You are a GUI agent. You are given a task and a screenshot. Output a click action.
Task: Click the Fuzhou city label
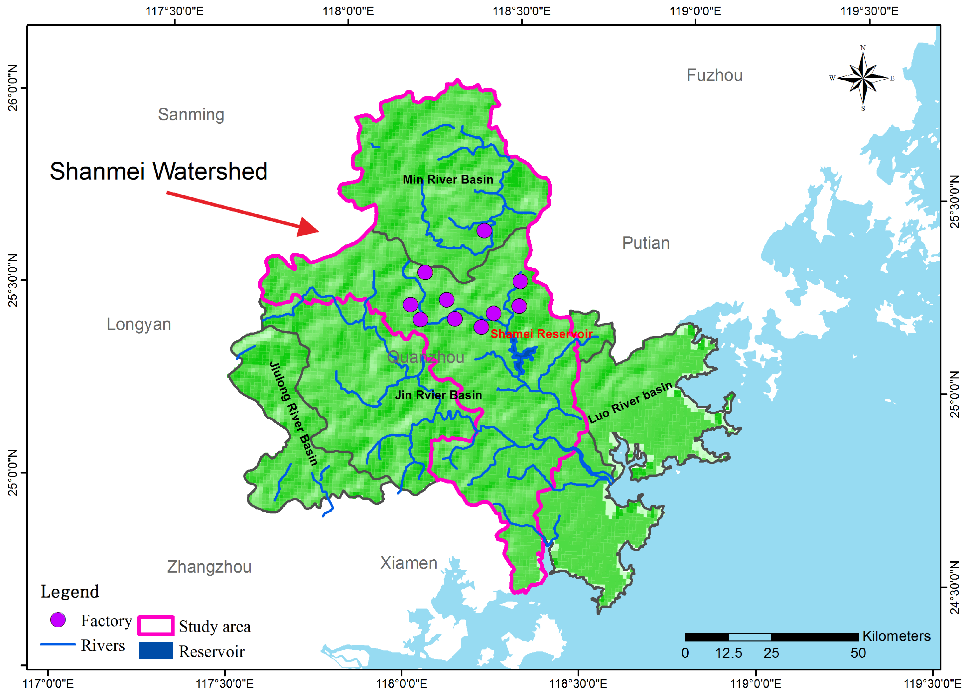pyautogui.click(x=714, y=75)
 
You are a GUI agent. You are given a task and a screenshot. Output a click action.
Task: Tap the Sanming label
pyautogui.click(x=191, y=115)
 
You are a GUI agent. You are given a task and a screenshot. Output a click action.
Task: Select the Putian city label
pyautogui.click(x=646, y=243)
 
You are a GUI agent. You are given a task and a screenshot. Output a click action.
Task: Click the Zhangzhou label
pyautogui.click(x=209, y=567)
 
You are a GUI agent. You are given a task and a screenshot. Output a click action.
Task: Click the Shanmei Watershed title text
pyautogui.click(x=158, y=171)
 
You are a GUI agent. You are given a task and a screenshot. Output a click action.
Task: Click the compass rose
pyautogui.click(x=863, y=78)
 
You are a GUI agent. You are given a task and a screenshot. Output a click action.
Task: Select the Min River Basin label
pyautogui.click(x=448, y=180)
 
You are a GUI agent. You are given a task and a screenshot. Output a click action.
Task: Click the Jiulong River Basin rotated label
pyautogui.click(x=294, y=413)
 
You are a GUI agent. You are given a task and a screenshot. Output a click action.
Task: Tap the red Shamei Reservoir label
pyautogui.click(x=541, y=334)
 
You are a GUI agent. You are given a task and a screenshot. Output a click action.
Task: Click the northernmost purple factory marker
pyautogui.click(x=484, y=230)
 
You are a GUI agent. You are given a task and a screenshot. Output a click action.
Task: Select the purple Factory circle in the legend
pyautogui.click(x=58, y=620)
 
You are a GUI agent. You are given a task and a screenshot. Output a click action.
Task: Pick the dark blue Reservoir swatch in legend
pyautogui.click(x=156, y=650)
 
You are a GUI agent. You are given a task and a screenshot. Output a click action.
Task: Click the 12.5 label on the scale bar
pyautogui.click(x=728, y=653)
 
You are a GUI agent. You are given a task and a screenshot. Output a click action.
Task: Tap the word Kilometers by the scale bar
pyautogui.click(x=896, y=636)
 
